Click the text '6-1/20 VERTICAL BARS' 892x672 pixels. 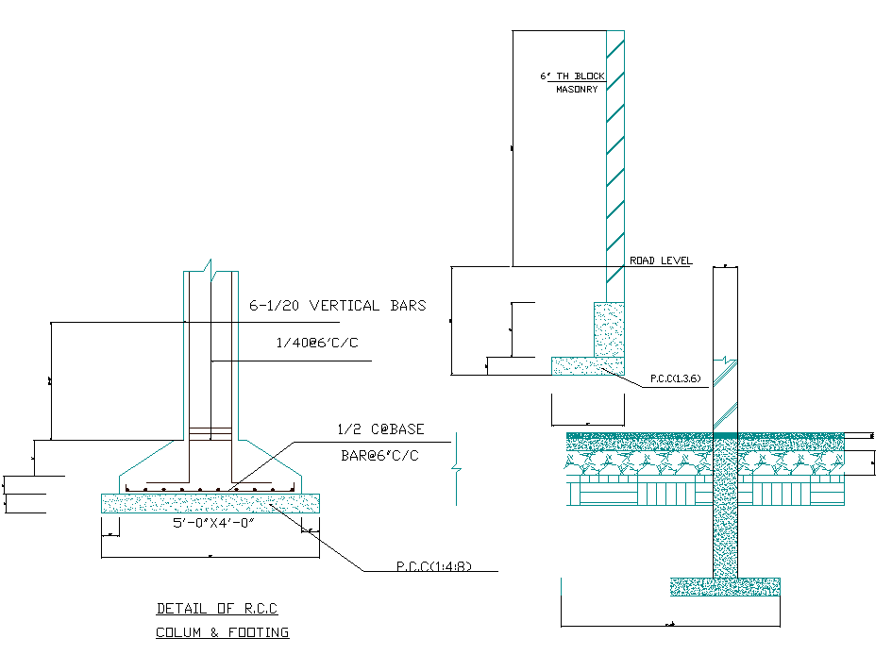337,306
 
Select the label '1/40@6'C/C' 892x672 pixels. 317,343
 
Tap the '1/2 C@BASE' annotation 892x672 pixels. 380,429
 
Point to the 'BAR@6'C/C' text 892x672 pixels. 379,456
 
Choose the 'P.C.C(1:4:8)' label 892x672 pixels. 433,568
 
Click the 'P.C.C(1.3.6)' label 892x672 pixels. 675,378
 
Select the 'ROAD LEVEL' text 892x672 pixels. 661,260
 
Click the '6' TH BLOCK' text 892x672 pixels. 572,76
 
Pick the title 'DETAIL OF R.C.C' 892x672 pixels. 217,609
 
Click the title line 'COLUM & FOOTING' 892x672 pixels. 222,632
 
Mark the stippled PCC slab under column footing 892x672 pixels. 210,503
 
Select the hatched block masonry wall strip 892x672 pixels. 615,151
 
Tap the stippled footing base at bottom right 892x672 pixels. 725,586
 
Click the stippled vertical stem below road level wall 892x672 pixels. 608,328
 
